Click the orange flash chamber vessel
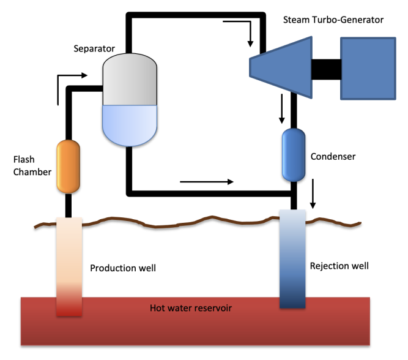[x=69, y=166]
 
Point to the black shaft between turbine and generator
[x=326, y=68]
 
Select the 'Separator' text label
[x=94, y=48]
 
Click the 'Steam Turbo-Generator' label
[x=333, y=20]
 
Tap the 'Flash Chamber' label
[x=32, y=165]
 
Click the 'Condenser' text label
[x=333, y=157]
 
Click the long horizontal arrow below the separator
[x=206, y=181]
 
